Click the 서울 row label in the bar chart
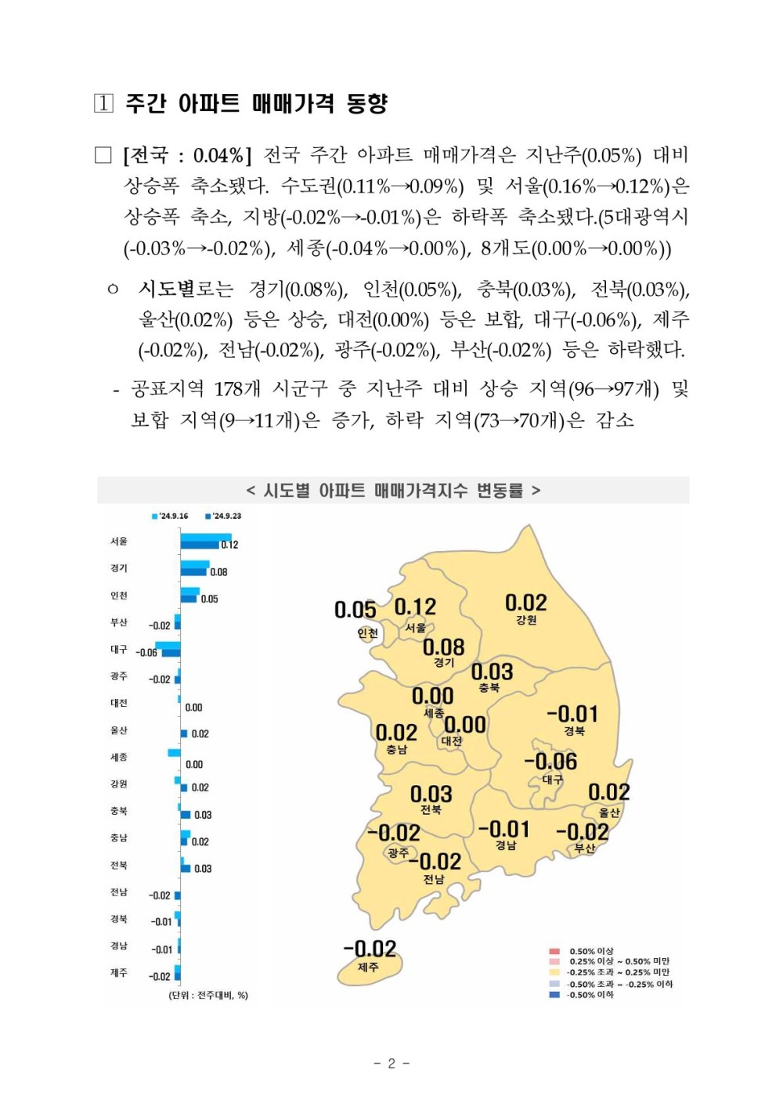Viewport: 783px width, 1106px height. [x=119, y=541]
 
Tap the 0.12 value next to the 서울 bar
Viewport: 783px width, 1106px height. [x=229, y=545]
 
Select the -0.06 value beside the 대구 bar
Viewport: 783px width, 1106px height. [x=146, y=652]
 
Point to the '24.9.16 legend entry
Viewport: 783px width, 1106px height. [x=170, y=516]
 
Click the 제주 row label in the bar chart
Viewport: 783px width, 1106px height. [x=119, y=972]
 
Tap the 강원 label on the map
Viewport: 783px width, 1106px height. [x=526, y=620]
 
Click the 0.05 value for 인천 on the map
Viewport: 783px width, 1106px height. [x=355, y=610]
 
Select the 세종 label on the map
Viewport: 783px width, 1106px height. [x=434, y=713]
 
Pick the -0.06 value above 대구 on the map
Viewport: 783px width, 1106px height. [x=550, y=761]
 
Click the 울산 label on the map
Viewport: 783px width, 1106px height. [x=609, y=812]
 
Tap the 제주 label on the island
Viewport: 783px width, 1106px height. [x=368, y=967]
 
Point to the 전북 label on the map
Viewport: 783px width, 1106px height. [x=431, y=810]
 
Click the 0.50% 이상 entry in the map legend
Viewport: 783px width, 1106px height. [x=591, y=951]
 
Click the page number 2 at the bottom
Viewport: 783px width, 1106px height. [x=391, y=1063]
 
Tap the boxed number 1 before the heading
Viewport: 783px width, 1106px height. [x=103, y=103]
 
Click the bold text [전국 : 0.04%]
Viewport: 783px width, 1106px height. [x=186, y=155]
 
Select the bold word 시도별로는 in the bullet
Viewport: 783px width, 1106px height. [x=186, y=290]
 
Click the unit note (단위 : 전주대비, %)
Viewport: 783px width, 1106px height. [x=208, y=995]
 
